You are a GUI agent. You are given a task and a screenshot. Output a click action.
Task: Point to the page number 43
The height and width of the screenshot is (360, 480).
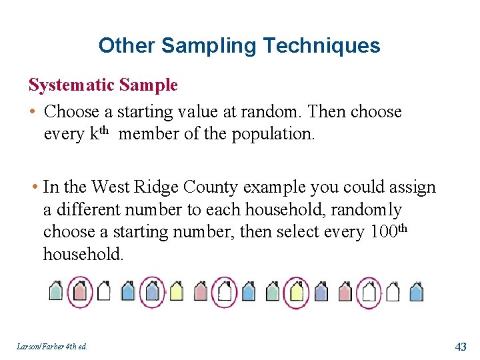460,346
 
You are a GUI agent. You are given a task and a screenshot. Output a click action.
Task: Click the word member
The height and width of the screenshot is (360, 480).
149,133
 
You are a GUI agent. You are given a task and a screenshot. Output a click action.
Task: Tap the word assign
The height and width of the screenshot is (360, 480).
414,187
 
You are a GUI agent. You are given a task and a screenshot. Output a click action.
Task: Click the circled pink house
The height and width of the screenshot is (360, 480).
80,291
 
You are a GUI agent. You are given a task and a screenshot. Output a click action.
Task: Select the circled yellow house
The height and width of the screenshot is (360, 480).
297,291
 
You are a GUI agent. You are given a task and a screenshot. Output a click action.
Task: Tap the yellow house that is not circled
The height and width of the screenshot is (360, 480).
176,291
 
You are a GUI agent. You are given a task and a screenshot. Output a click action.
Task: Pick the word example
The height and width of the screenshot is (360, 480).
278,187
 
